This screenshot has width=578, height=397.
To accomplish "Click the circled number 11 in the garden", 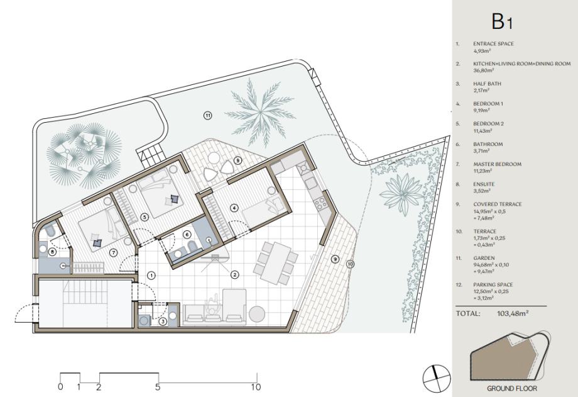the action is point(208,116).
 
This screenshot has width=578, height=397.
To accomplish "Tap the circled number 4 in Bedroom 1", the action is point(234,208).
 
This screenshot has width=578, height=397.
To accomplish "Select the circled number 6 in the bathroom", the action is point(187,234).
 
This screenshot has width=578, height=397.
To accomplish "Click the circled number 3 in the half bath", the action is point(163,322).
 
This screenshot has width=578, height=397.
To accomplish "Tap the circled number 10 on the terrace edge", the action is point(350,264).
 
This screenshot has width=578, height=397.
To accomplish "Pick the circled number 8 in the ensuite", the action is point(52,252).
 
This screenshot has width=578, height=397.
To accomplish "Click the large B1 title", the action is point(502,21).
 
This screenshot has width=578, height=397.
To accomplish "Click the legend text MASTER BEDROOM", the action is point(498,164).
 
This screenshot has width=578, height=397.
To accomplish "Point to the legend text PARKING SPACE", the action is point(493,285).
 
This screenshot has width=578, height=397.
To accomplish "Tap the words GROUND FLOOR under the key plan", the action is point(512,388).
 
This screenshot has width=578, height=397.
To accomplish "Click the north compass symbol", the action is point(437,377).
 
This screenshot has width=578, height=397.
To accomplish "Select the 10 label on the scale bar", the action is point(256,387).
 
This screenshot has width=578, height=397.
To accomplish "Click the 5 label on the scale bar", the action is point(158,387).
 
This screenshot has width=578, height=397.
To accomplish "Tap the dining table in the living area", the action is point(276,264).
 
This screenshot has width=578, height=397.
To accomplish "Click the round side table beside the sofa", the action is point(257,315).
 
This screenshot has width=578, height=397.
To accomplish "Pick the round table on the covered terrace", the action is point(214,159).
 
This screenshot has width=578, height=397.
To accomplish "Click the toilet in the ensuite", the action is point(50,232).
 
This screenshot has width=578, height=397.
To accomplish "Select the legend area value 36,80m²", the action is point(483,70).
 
